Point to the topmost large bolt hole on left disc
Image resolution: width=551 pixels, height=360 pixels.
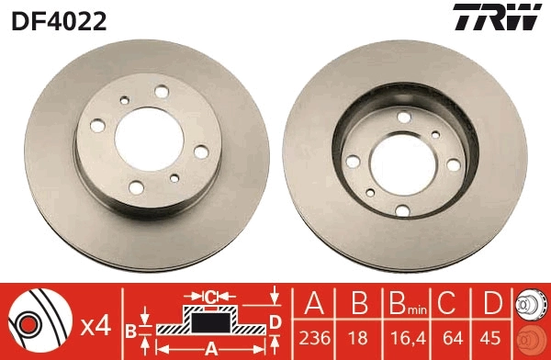162,91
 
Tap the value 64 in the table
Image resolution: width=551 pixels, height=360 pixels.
450,337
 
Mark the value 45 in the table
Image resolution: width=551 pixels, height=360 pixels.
492,337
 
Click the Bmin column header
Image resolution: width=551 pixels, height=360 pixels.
404,303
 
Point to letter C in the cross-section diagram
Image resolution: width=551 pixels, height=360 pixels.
210,296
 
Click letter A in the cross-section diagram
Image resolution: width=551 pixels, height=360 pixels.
209,347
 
